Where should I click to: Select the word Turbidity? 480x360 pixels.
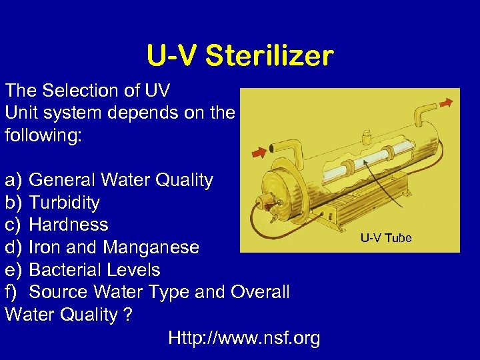(65, 203)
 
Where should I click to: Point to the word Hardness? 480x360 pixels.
(69, 225)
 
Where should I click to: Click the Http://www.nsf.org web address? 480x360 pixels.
(244, 338)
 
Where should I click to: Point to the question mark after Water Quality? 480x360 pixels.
(127, 315)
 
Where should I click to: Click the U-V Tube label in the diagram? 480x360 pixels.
(386, 238)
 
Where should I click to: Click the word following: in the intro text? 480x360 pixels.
(43, 135)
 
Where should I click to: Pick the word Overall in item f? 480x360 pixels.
(259, 292)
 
